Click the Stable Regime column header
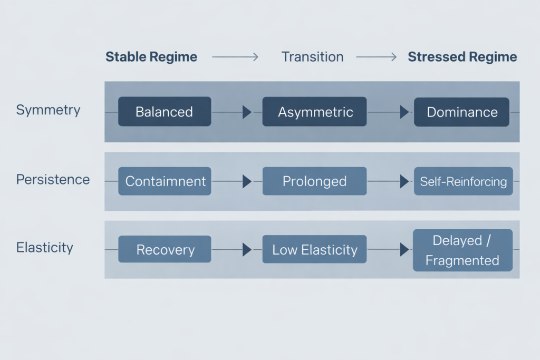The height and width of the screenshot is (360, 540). tap(151, 57)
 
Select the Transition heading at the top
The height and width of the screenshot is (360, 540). tap(312, 57)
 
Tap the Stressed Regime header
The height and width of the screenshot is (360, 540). tap(462, 57)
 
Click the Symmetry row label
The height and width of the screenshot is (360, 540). tap(48, 110)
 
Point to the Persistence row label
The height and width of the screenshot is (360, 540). tap(53, 179)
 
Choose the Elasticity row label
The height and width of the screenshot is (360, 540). tap(44, 247)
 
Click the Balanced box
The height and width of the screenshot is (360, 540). tap(164, 112)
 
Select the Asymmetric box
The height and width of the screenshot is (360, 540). tap(315, 112)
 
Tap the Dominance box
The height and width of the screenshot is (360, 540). tap(462, 112)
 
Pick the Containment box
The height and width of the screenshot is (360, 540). tap(165, 181)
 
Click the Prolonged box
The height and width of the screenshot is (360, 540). tap(314, 181)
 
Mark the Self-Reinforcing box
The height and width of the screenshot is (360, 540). tap(463, 181)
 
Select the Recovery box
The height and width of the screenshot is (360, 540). tap(165, 249)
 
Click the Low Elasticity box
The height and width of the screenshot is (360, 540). tap(314, 249)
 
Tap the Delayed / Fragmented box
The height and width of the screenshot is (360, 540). tap(462, 250)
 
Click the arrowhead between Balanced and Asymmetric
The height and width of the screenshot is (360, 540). tap(246, 112)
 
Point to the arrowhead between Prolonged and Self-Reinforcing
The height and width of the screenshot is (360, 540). tap(404, 181)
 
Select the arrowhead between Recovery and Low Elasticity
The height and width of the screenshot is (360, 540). tap(246, 249)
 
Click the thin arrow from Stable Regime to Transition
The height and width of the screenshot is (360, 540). tap(235, 57)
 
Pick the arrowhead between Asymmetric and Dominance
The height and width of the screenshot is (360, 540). tap(404, 112)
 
